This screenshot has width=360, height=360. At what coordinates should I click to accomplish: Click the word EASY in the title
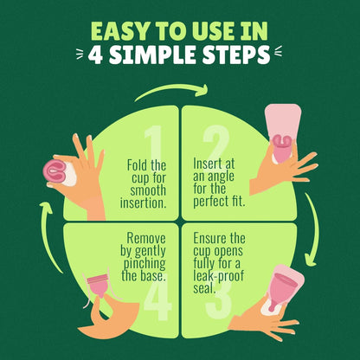(x=119, y=30)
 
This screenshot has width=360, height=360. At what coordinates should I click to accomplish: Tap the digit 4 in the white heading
(x=95, y=55)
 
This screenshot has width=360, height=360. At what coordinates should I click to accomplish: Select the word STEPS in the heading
(x=235, y=55)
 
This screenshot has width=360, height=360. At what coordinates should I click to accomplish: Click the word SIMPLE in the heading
(x=152, y=55)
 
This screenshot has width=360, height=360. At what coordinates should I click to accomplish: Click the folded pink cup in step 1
(x=55, y=170)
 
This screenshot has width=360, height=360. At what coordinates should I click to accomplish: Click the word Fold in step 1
(x=137, y=165)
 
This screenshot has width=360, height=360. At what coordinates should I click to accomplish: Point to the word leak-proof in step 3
(x=218, y=276)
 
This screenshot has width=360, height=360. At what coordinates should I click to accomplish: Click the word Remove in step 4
(x=146, y=238)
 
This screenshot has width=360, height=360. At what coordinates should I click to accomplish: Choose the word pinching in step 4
(x=145, y=264)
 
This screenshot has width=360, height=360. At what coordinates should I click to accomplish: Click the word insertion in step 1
(x=144, y=202)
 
